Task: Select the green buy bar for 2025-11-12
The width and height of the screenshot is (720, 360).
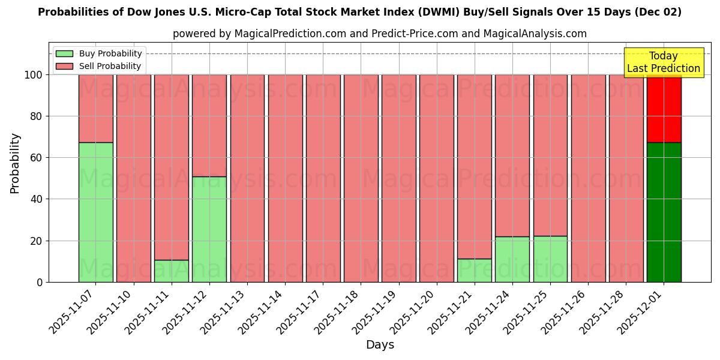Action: click(209, 229)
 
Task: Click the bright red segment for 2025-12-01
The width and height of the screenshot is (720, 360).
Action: click(664, 108)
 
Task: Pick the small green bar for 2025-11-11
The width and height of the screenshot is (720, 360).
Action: click(172, 271)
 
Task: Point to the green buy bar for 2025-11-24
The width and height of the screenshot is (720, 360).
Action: click(512, 259)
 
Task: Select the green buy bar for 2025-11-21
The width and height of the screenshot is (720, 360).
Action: click(475, 270)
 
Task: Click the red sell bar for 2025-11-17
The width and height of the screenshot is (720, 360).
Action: click(323, 178)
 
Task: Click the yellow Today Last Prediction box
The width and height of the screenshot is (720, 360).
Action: click(663, 62)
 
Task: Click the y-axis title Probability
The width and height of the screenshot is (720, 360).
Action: click(15, 163)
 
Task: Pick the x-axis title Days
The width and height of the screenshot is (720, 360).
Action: click(380, 345)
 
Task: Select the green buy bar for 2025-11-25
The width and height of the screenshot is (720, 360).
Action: click(550, 259)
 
